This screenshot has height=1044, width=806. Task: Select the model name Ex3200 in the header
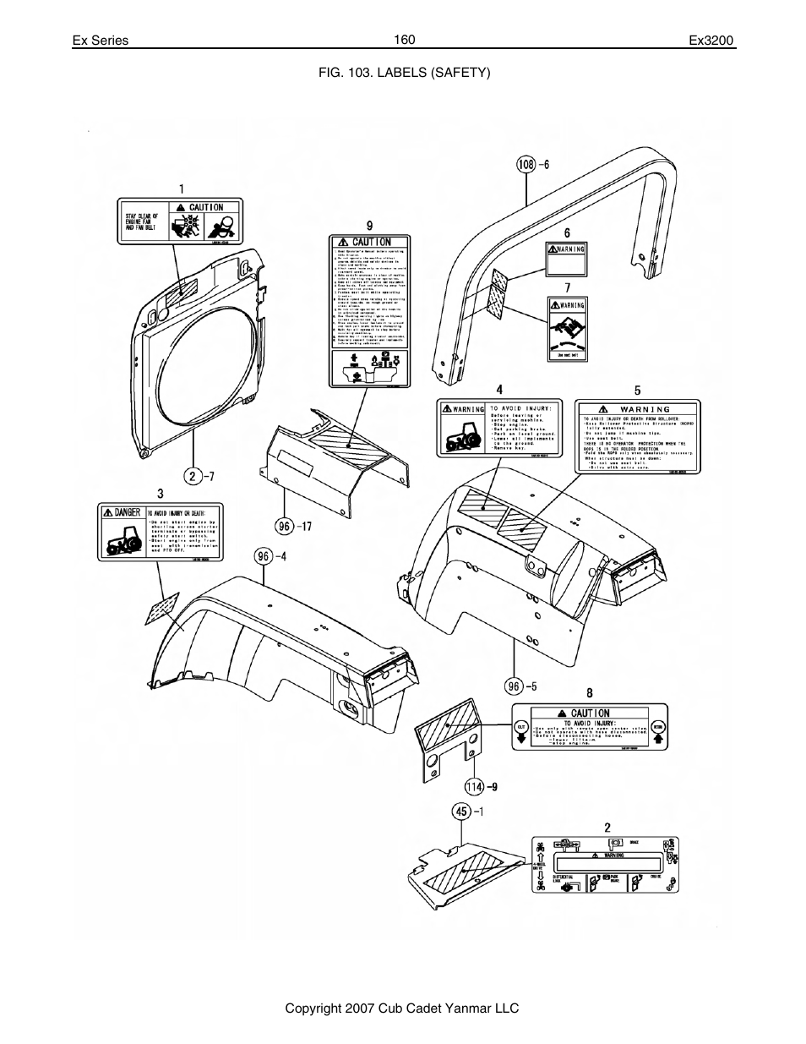coord(712,41)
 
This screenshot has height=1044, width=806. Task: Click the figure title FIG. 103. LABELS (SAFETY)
coord(404,72)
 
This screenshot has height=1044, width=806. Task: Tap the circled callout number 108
coord(526,165)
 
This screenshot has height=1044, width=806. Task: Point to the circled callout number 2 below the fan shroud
coord(193,476)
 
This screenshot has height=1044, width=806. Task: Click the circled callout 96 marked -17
coord(284,526)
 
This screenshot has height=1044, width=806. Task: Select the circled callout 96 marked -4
coord(264,555)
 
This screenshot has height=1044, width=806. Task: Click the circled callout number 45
coord(461,812)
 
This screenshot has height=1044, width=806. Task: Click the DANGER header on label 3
coord(122,512)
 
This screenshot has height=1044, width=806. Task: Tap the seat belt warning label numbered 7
coord(567,329)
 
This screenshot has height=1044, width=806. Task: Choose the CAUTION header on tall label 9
coord(370,242)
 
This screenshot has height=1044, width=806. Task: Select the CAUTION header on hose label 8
coord(589,713)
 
